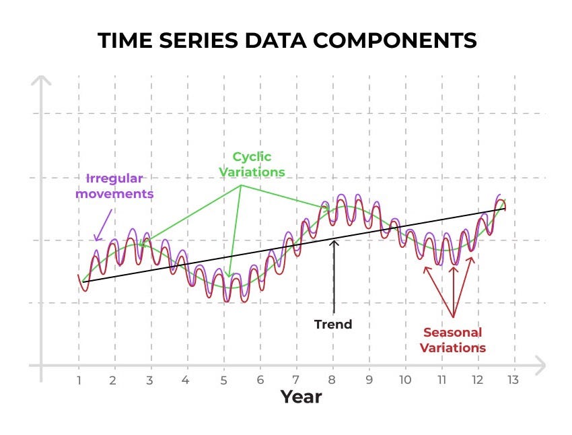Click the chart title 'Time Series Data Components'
click(x=287, y=40)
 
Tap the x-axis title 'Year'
click(x=301, y=397)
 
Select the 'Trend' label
click(x=333, y=325)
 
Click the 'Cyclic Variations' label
click(x=252, y=164)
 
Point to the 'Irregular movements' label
click(x=114, y=187)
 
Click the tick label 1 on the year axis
click(x=79, y=380)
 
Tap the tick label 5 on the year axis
click(x=223, y=380)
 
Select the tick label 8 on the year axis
click(x=332, y=380)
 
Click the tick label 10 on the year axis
click(x=404, y=380)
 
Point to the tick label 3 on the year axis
click(x=149, y=380)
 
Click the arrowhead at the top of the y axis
click(x=42, y=81)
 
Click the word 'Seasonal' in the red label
click(x=452, y=333)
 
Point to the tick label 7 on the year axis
click(x=296, y=380)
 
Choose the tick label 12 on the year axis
click(x=477, y=380)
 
